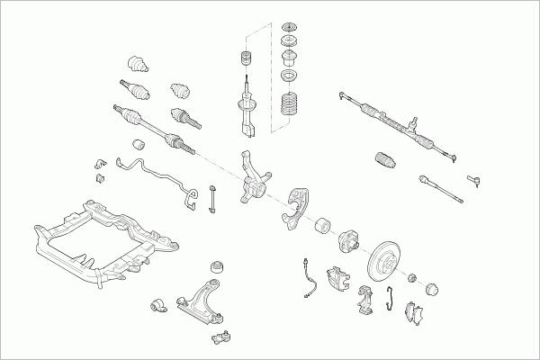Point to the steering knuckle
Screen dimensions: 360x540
[x=254, y=180]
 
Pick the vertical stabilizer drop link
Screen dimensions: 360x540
[x=212, y=198]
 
